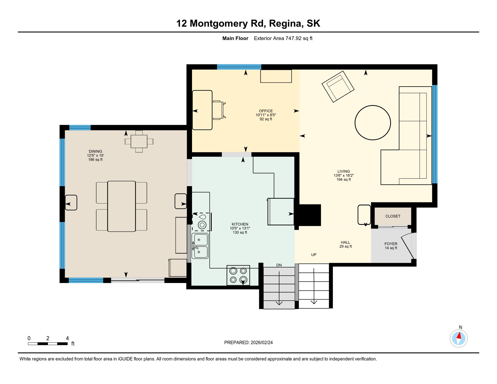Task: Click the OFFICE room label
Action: click(x=266, y=111)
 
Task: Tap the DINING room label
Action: click(x=95, y=151)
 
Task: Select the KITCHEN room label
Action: click(x=240, y=224)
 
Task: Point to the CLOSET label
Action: click(x=393, y=216)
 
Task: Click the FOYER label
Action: click(x=391, y=244)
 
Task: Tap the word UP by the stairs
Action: click(x=314, y=255)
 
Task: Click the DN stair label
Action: click(x=279, y=265)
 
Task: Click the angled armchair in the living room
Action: click(x=338, y=86)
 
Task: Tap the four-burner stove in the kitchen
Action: click(x=238, y=275)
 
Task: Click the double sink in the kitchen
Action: click(x=200, y=246)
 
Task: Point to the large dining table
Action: click(x=121, y=206)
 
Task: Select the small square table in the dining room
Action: click(x=139, y=141)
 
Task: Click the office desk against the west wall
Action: click(x=202, y=110)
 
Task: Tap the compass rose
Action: click(x=458, y=338)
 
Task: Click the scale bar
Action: click(x=48, y=344)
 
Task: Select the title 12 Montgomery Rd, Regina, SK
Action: click(x=248, y=23)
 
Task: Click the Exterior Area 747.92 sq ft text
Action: click(x=283, y=38)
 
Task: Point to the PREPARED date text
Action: click(x=248, y=342)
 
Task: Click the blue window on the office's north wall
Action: click(x=239, y=67)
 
